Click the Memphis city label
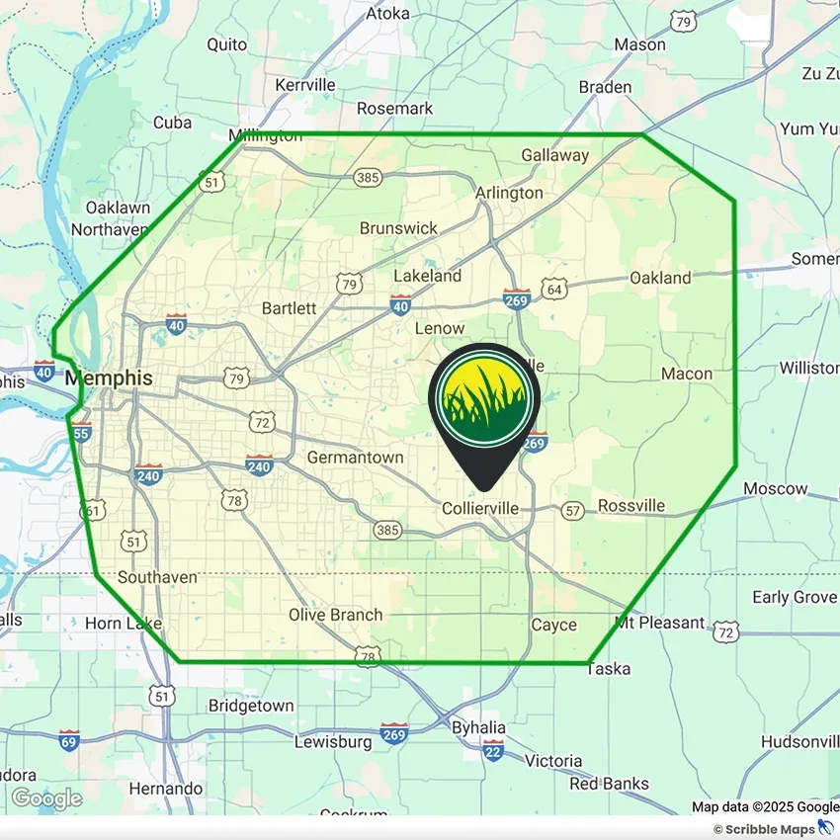click(109, 378)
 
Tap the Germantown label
click(355, 458)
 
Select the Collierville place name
click(479, 508)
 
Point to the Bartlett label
click(289, 308)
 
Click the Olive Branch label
click(335, 615)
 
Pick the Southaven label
click(157, 577)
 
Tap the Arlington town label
click(509, 193)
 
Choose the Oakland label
click(660, 279)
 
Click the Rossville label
click(630, 506)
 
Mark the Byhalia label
click(478, 727)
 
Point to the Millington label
click(265, 135)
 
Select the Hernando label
click(166, 789)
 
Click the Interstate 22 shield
click(493, 750)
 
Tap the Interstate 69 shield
click(68, 741)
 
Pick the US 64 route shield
click(555, 289)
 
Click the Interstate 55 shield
click(81, 433)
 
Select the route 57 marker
click(572, 511)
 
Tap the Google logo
click(46, 798)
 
